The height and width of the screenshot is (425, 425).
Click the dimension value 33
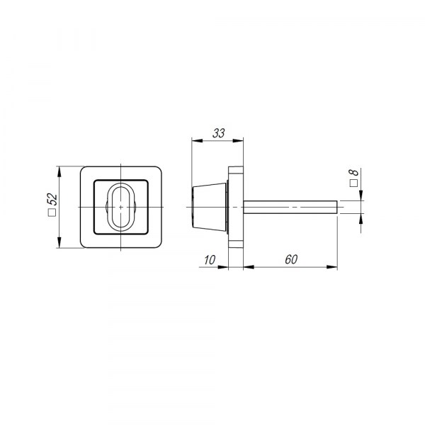click(x=218, y=133)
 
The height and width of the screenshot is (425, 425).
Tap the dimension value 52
click(x=52, y=199)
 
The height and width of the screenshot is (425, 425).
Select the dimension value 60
click(x=291, y=259)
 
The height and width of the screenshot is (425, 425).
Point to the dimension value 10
click(x=210, y=260)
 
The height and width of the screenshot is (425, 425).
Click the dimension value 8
click(x=353, y=172)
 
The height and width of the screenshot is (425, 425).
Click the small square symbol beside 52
click(x=52, y=212)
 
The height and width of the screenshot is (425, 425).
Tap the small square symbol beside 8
click(x=353, y=183)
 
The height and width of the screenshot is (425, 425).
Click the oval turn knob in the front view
click(x=120, y=207)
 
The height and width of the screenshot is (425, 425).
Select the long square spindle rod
click(x=290, y=207)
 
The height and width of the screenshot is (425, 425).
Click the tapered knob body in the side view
click(x=209, y=207)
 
